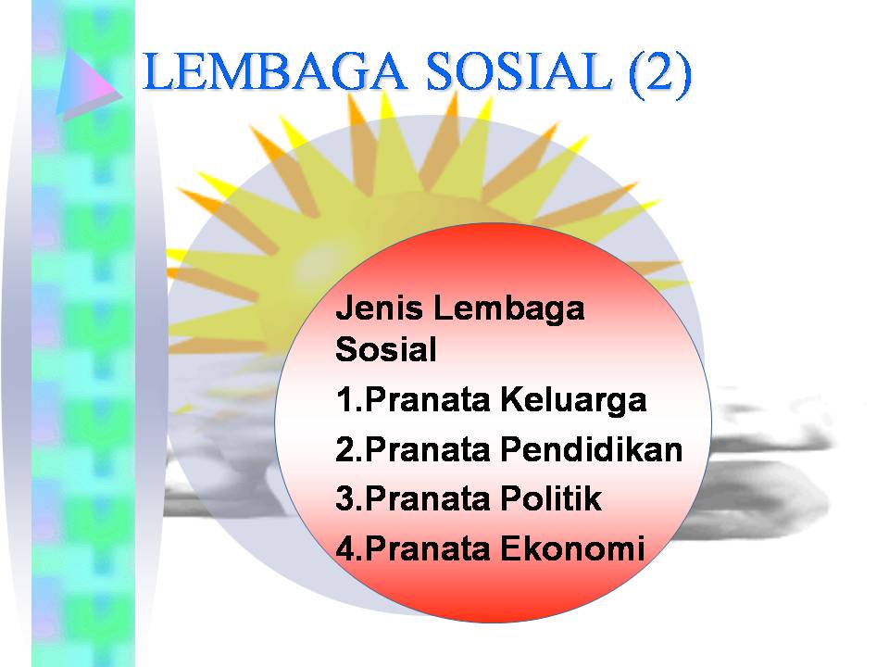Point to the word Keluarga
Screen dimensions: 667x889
click(573, 400)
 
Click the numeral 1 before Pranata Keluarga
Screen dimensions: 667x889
click(344, 400)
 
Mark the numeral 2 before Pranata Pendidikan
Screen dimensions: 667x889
click(345, 449)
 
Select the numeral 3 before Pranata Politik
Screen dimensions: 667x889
click(345, 498)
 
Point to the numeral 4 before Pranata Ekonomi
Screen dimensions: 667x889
click(345, 547)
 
